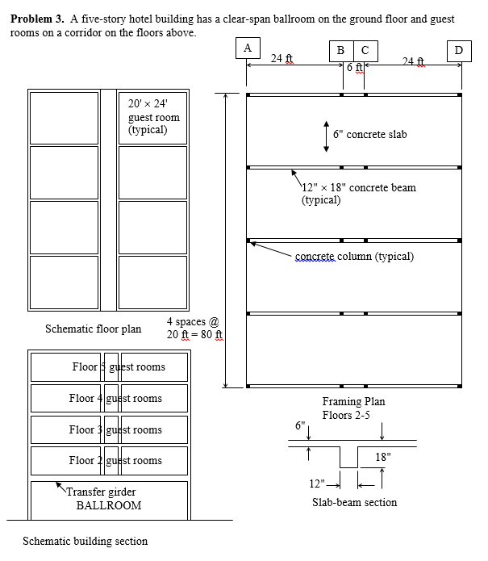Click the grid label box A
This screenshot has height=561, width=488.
[x=247, y=48]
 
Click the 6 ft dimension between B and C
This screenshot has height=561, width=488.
[x=353, y=68]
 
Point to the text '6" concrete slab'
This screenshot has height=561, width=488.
[x=369, y=135]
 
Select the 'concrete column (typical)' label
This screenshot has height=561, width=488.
[x=354, y=257]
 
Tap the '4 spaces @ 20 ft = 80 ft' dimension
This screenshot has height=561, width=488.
[x=194, y=329]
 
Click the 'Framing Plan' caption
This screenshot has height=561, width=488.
[x=353, y=402]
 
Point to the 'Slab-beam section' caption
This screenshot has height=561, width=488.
[x=354, y=502]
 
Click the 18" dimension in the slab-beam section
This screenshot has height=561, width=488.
[x=383, y=457]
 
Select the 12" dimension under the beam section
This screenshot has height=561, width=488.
[x=319, y=484]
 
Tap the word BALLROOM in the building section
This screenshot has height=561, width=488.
[x=109, y=505]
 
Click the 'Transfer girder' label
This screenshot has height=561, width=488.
[x=101, y=492]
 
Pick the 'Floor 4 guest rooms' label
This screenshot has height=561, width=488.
[x=115, y=399]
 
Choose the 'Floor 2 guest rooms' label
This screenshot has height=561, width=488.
[x=115, y=461]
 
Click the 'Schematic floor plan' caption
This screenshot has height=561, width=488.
[x=93, y=329]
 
